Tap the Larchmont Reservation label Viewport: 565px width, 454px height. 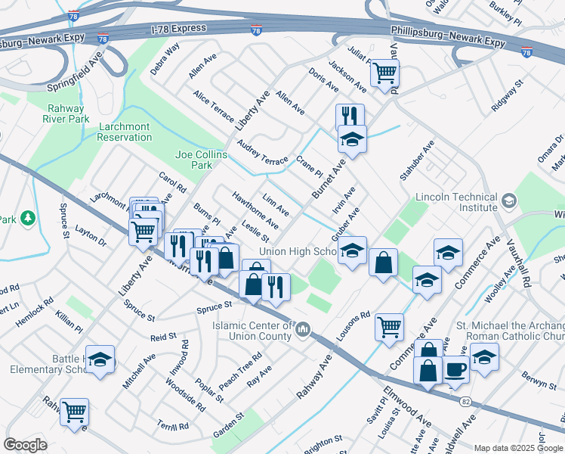[125, 132]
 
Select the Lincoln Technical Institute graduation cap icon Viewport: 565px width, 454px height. [509, 201]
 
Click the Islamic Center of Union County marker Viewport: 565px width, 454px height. [303, 330]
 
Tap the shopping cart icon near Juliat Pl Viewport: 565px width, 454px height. [385, 73]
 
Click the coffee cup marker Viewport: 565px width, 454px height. [455, 370]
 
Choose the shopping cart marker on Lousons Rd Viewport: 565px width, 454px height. [390, 326]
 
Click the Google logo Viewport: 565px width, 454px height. [26, 444]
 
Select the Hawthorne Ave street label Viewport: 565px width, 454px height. [255, 210]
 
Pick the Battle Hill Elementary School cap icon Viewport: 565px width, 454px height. [100, 361]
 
